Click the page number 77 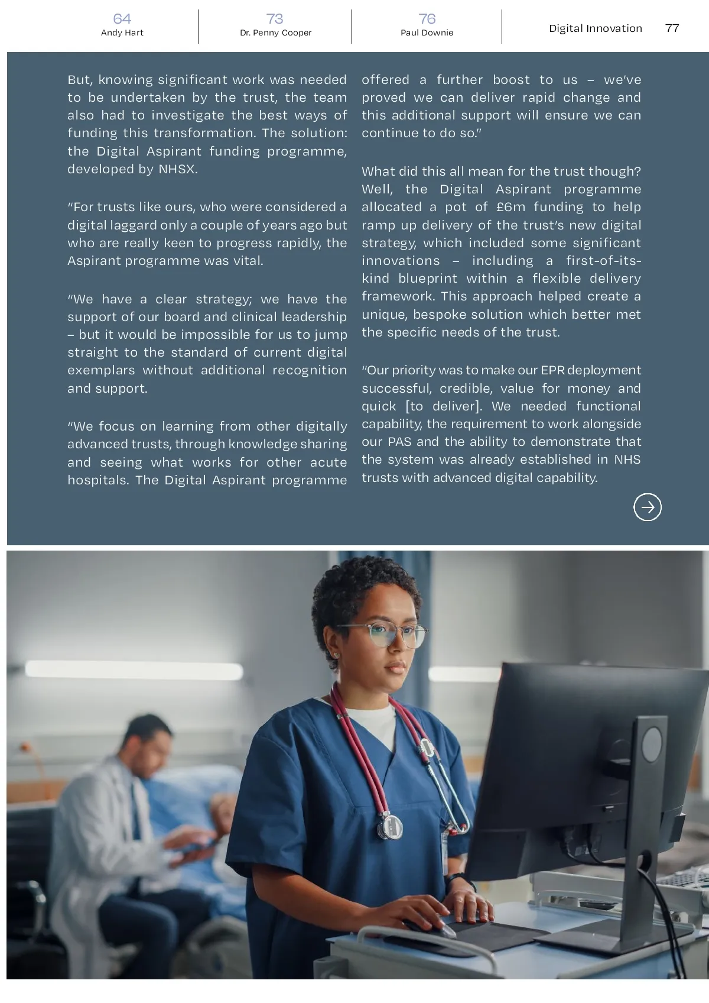[672, 28]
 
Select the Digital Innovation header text [595, 28]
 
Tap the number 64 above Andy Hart [122, 19]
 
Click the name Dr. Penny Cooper [275, 33]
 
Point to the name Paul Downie [427, 33]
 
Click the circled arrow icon [648, 507]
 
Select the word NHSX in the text [177, 169]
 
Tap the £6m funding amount [510, 207]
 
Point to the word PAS [399, 442]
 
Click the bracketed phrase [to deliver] [444, 406]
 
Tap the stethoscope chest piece [391, 824]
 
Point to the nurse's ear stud [337, 655]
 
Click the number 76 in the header [427, 19]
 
